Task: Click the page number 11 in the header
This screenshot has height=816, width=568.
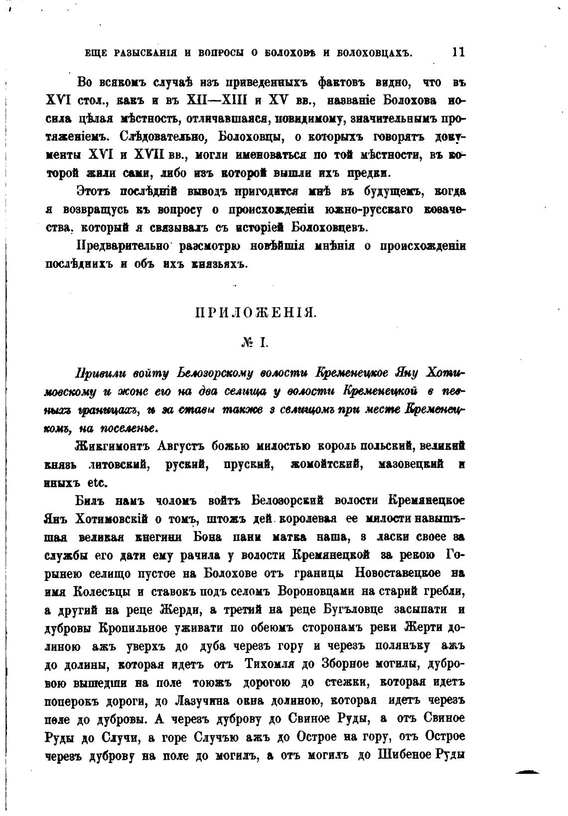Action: (458, 52)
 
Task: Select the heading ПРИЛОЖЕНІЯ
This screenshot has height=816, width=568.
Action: (255, 313)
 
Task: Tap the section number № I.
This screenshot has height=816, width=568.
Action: (255, 342)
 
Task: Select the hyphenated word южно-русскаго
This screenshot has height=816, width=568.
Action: (368, 210)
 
